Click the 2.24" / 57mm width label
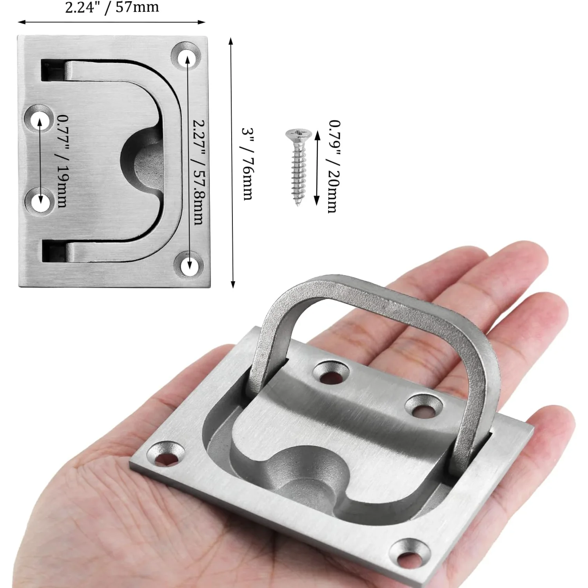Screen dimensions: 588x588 [x=112, y=7]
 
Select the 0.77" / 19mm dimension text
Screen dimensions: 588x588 [x=62, y=161]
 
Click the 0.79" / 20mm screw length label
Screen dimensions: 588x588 [x=334, y=166]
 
